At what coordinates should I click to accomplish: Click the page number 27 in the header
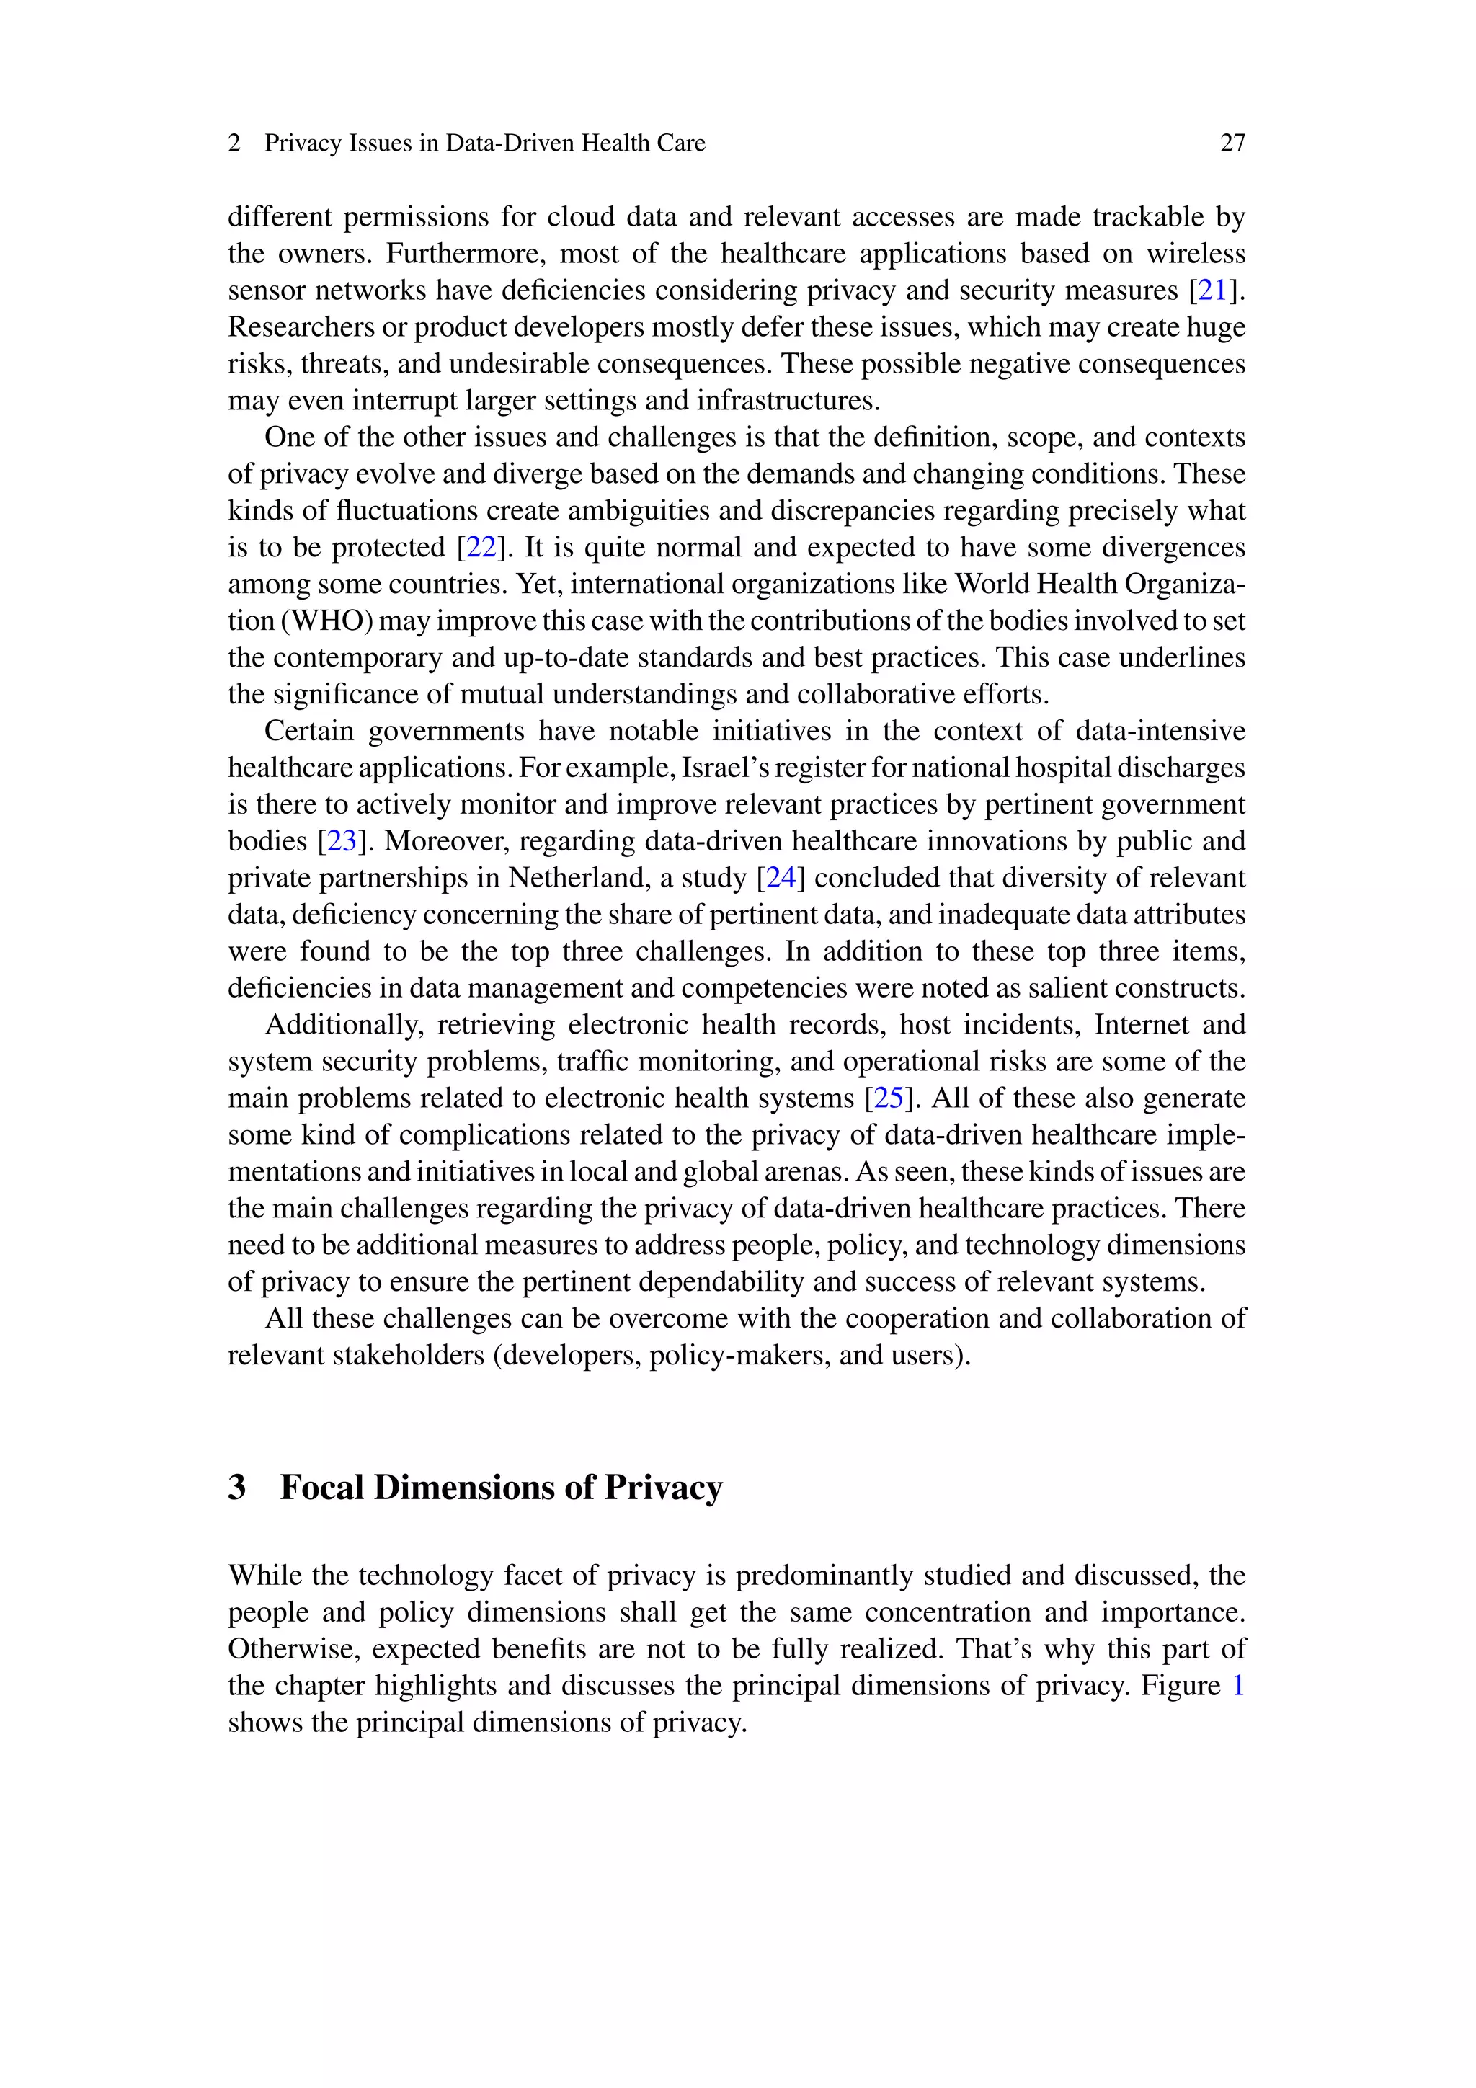(x=1232, y=143)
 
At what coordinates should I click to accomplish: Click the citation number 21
(x=1212, y=290)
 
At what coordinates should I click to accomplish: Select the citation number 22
(x=481, y=548)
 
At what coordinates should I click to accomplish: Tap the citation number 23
(x=342, y=841)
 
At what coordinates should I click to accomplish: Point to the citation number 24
(x=781, y=878)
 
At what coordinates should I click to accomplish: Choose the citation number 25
(x=889, y=1098)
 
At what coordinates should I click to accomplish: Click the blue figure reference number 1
(x=1237, y=1685)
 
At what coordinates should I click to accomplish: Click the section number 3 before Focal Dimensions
(x=237, y=1487)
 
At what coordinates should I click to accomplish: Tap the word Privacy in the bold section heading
(x=663, y=1487)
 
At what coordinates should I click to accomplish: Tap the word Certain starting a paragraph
(x=308, y=731)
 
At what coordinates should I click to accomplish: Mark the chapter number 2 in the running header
(x=235, y=143)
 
